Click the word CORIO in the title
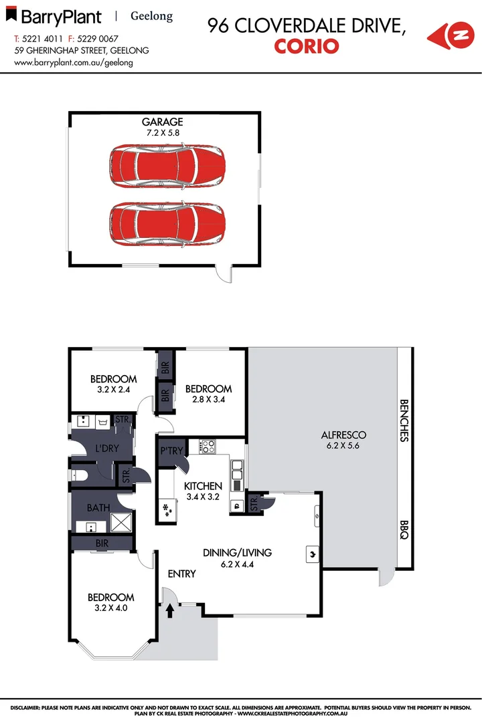[x=306, y=46]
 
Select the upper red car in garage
[x=167, y=166]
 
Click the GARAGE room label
[x=162, y=122]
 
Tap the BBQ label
[x=404, y=531]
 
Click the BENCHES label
[x=404, y=421]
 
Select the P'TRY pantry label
[x=171, y=451]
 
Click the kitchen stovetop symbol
[x=207, y=446]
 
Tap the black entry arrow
[x=169, y=610]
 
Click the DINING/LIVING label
[x=238, y=553]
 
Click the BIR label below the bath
[x=102, y=545]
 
